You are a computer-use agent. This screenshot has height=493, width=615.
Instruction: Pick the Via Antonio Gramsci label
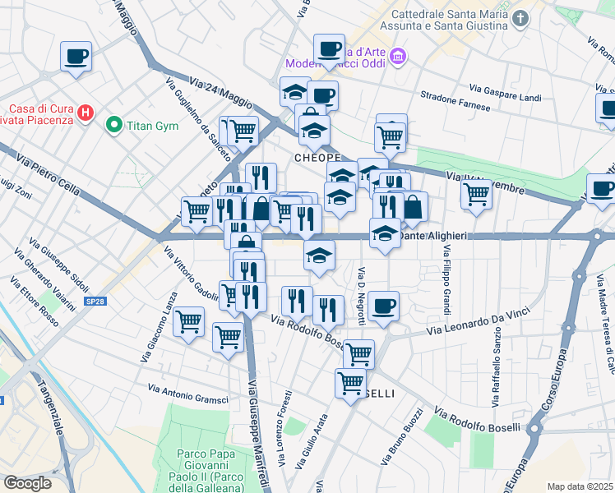tap(187, 393)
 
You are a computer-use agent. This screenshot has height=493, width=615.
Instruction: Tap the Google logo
tap(27, 482)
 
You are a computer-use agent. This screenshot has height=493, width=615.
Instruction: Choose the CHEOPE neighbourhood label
tap(317, 157)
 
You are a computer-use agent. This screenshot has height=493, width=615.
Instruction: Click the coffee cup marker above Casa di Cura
tap(76, 57)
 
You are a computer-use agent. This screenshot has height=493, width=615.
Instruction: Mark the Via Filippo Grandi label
tap(446, 280)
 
